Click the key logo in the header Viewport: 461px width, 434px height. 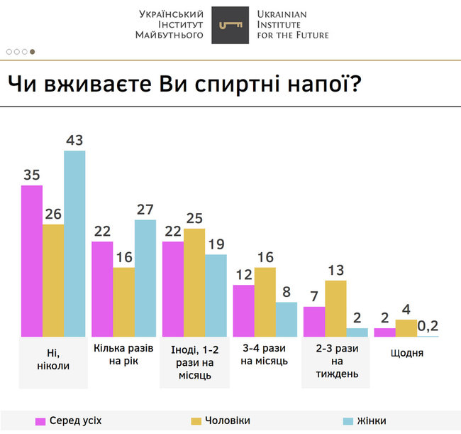pos(230,26)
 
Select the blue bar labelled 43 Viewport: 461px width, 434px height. pos(74,243)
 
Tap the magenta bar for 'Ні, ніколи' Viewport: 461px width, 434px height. pos(32,261)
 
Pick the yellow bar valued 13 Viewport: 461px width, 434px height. pos(335,308)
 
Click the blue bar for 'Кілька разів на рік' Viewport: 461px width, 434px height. pos(145,278)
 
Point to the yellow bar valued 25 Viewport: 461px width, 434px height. pos(194,282)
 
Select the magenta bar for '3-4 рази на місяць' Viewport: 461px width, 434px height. pos(243,310)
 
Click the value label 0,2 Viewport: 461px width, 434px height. pos(428,326)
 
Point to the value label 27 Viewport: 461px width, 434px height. pos(145,209)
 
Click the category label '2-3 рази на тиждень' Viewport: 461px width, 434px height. pos(336,361)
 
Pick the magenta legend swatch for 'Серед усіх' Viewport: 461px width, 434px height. pos(40,421)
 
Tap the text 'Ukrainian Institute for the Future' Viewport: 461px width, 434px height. pos(291,24)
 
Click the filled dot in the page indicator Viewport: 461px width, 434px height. pos(32,51)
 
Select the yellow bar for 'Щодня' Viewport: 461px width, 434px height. pos(406,328)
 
